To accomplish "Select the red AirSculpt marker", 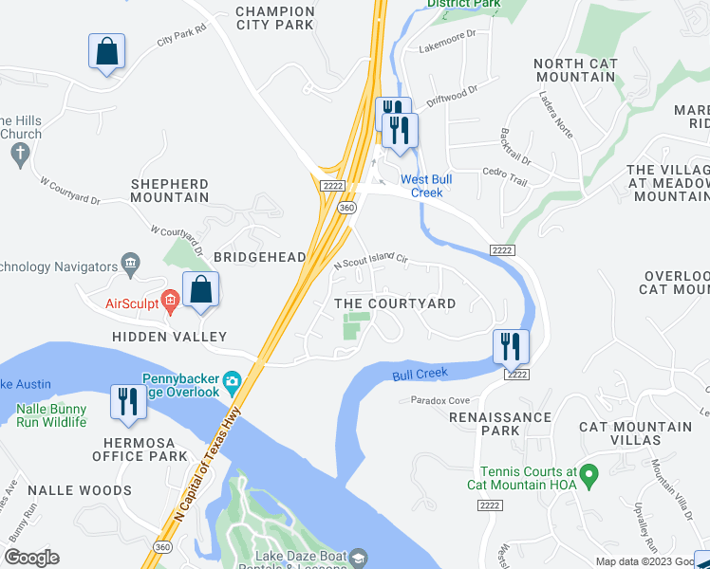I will click(x=170, y=303).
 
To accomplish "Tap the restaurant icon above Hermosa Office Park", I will click(x=124, y=401).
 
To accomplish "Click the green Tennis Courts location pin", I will click(x=589, y=471).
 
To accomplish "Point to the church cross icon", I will click(x=17, y=152).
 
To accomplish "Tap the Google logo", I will click(x=31, y=558).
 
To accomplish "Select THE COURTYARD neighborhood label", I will click(x=395, y=304).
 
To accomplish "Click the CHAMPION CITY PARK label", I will click(x=274, y=18).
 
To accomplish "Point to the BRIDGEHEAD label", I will click(x=259, y=257).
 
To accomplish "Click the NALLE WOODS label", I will click(x=79, y=490).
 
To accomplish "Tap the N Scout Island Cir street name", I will click(x=371, y=262).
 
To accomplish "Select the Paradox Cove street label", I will click(x=439, y=401).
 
